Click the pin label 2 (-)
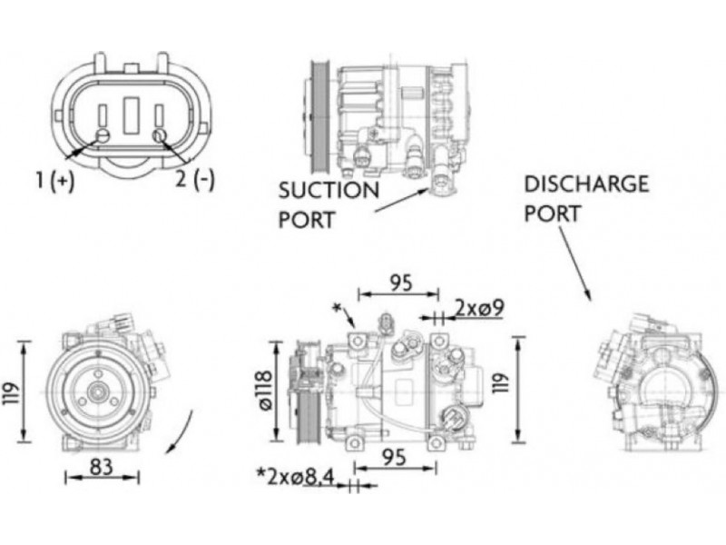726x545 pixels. [x=194, y=180]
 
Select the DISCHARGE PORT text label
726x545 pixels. [x=586, y=198]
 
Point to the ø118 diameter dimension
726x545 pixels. [x=265, y=390]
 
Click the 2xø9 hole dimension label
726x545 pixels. [x=480, y=308]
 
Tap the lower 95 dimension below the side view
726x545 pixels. [x=394, y=457]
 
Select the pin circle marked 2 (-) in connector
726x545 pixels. [x=160, y=136]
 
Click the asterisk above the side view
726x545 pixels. [x=337, y=309]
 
